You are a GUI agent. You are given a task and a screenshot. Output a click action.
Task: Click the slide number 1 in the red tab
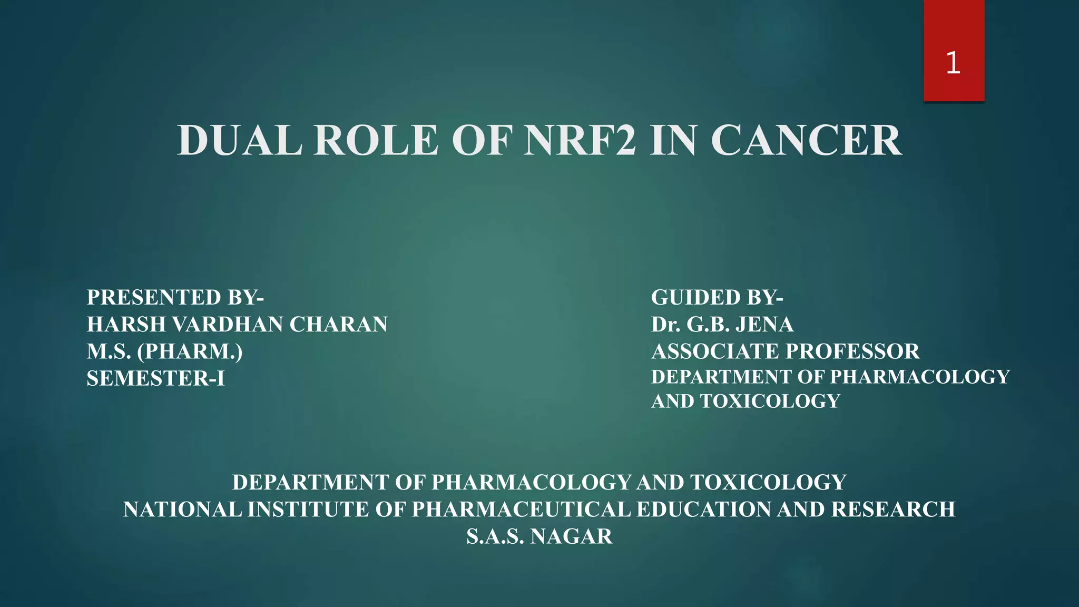953,63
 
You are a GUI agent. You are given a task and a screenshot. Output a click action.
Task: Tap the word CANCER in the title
806,141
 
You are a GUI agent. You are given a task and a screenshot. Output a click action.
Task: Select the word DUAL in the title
240,141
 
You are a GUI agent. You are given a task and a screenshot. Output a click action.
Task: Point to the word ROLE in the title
376,141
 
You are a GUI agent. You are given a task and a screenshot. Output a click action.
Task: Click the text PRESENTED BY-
175,298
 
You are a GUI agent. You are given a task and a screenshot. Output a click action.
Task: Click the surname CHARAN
338,325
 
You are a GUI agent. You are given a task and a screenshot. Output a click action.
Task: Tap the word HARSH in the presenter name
126,325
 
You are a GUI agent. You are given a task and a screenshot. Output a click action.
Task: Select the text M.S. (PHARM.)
165,351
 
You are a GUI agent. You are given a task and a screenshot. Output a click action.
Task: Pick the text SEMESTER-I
156,378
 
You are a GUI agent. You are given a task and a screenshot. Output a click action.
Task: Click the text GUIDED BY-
717,298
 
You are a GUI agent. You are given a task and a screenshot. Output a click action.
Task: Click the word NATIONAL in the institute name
182,510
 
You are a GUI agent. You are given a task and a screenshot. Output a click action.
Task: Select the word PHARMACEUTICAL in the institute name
521,510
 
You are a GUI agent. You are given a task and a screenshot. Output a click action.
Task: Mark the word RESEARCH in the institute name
893,510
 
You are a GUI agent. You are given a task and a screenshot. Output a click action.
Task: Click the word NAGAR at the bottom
572,536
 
